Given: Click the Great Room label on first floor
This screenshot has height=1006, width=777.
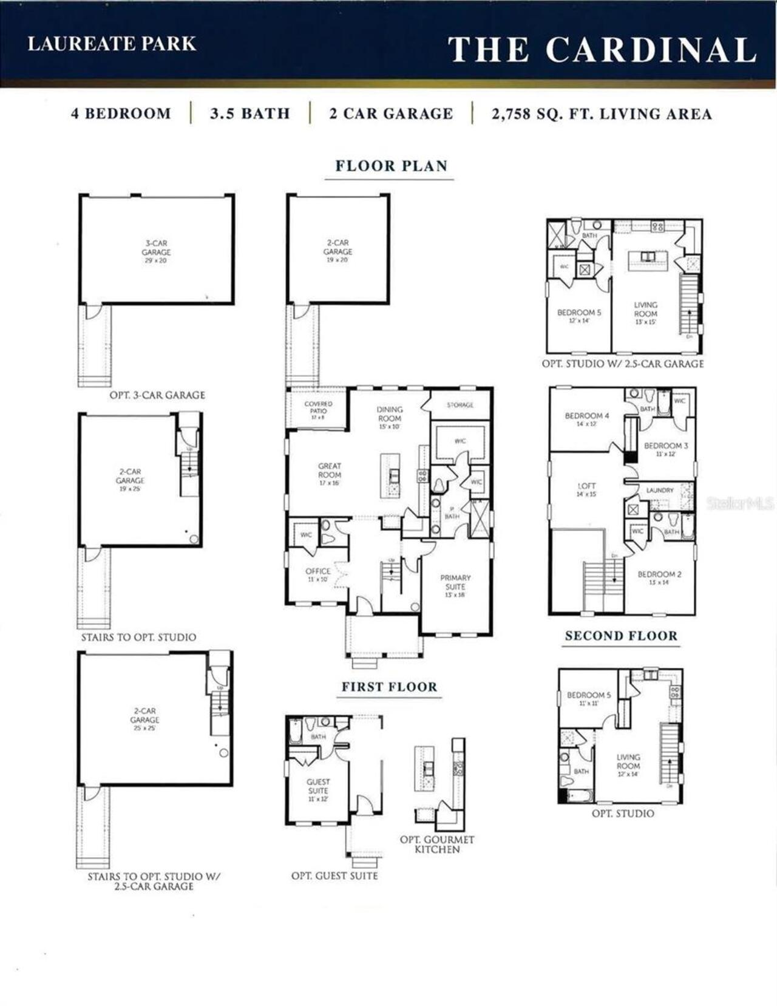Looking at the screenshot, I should [x=330, y=471].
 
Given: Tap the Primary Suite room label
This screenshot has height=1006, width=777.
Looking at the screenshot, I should [x=455, y=583].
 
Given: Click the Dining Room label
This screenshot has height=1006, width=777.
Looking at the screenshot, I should [x=389, y=414].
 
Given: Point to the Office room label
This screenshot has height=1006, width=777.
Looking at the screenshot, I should [x=317, y=572].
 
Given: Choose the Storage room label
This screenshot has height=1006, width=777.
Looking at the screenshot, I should [x=460, y=405].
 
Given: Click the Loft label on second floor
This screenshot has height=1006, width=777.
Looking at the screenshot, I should [x=586, y=487].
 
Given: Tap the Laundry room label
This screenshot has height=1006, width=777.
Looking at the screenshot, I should [x=660, y=491].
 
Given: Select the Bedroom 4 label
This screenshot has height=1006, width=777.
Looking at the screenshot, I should [x=586, y=416].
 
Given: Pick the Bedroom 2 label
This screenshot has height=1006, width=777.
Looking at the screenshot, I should [x=659, y=575].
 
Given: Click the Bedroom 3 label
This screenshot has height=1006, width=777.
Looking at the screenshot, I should [x=666, y=446].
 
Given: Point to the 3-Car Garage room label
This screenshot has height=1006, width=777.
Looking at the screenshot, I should [x=156, y=248].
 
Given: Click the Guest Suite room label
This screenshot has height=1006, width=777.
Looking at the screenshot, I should [x=318, y=787].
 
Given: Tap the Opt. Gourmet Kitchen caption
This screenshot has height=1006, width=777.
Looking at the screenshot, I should [x=437, y=845].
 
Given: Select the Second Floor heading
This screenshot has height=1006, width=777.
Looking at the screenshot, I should [x=621, y=636].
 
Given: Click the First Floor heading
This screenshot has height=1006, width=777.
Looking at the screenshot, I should [x=389, y=687].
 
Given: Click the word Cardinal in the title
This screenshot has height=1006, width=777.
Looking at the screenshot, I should [x=651, y=50].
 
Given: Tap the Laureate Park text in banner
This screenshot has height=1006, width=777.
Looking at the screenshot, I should [x=112, y=44].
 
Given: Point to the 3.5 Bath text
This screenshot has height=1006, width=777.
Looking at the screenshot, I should [x=250, y=114].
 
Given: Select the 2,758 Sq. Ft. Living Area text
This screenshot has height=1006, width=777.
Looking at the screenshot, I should [x=602, y=114].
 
